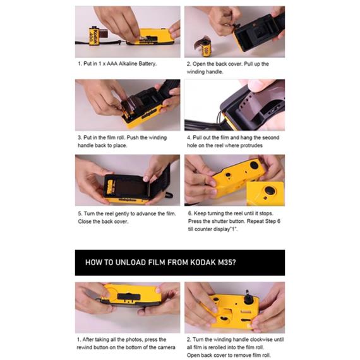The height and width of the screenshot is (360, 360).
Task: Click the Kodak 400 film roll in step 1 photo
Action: click(94, 35)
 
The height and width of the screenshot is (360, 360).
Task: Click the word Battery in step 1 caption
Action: click(147, 64)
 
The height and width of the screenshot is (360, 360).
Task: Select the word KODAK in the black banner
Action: click(203, 263)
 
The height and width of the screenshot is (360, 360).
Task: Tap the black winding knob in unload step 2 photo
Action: click(248, 297)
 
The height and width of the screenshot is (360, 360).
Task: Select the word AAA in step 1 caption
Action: click(112, 64)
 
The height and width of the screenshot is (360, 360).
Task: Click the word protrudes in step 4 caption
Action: click(251, 145)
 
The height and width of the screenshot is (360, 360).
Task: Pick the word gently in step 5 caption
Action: click(122, 213)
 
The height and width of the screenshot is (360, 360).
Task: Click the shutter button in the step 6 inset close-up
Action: click(270, 191)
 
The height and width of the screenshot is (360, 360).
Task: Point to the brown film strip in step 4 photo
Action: click(253, 106)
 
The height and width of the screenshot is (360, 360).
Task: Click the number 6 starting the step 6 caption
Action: click(190, 213)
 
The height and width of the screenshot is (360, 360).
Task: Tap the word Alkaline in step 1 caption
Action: click(128, 64)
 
